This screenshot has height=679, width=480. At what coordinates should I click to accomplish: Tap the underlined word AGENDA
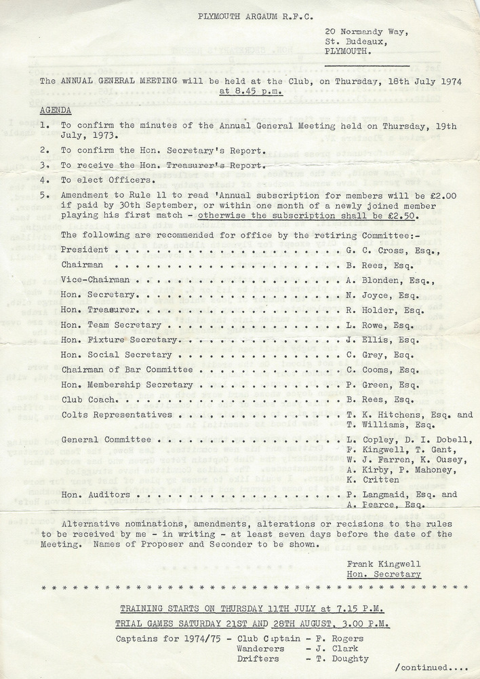[56, 110]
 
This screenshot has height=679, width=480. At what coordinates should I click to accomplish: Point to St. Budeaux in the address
[348, 41]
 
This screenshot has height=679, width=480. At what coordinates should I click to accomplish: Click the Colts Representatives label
[117, 415]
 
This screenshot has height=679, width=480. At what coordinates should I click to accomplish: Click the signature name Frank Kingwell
[384, 564]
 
